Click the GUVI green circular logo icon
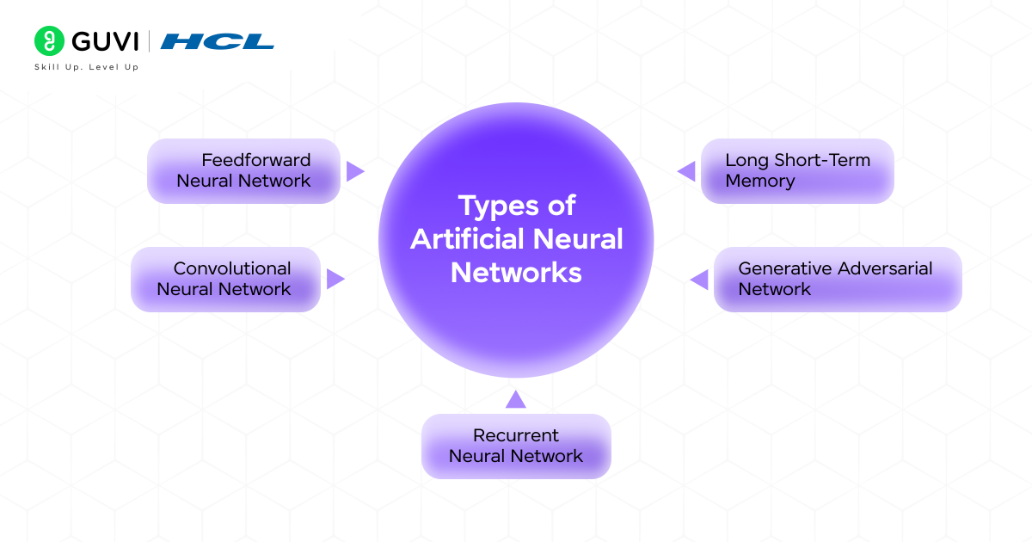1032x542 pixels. [50, 41]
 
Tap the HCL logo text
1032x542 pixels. [218, 41]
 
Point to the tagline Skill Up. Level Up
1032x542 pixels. [86, 67]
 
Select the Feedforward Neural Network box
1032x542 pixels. [243, 170]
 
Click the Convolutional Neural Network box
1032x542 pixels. [225, 279]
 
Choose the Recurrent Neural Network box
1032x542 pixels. [516, 446]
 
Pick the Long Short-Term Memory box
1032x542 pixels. [797, 170]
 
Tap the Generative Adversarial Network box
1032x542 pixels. [837, 279]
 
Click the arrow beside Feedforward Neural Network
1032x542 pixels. [354, 171]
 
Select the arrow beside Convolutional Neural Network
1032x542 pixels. [335, 279]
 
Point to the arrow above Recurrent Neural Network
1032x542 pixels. [515, 399]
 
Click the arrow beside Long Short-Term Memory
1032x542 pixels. [686, 171]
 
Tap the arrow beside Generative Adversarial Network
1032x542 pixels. [699, 279]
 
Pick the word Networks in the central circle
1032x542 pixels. [516, 273]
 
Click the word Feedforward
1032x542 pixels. [256, 160]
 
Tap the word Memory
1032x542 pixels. [760, 181]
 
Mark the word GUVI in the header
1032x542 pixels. [105, 41]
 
